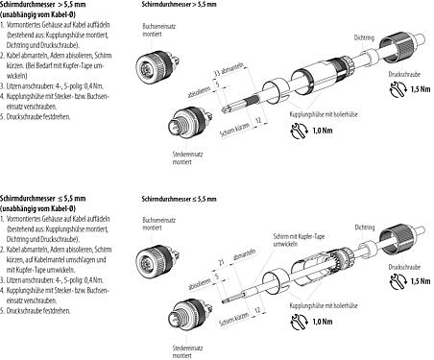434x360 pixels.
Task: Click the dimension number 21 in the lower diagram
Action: (x=222, y=260)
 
